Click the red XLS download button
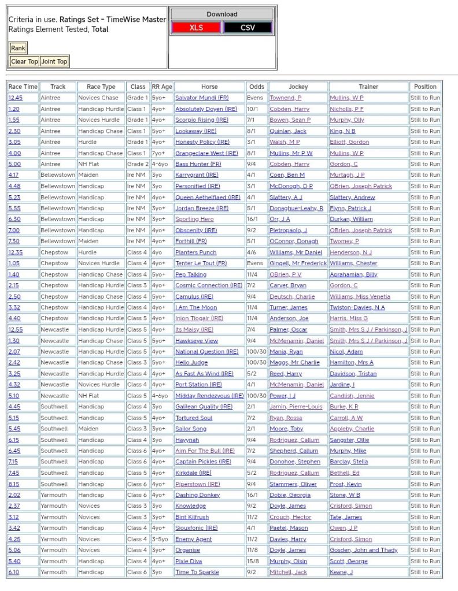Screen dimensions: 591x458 (x=196, y=28)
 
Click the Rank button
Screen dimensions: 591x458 (x=18, y=49)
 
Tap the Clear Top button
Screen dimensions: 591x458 (x=24, y=62)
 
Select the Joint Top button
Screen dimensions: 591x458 (x=54, y=62)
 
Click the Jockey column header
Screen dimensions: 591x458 (x=298, y=87)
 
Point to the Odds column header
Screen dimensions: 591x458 (x=256, y=87)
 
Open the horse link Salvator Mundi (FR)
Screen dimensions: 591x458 (x=202, y=98)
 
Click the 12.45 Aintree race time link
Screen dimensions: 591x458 (x=16, y=98)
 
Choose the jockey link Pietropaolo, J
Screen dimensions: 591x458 (x=288, y=231)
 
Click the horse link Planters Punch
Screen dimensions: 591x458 (x=195, y=252)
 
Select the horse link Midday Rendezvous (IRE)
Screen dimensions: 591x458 (x=209, y=396)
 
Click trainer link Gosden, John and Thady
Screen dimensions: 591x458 (x=364, y=551)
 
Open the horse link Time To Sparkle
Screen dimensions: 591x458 (x=197, y=573)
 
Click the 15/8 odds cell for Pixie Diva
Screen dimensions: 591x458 (x=256, y=562)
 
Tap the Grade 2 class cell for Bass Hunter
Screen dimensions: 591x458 (x=138, y=164)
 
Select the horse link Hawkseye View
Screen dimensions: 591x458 (x=197, y=341)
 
